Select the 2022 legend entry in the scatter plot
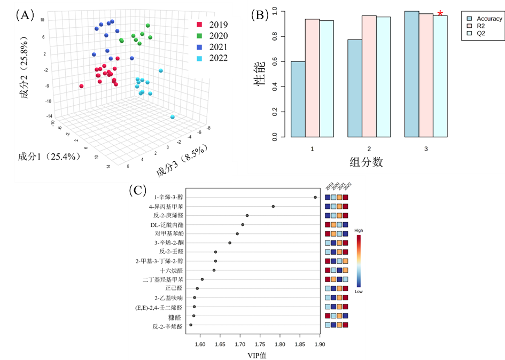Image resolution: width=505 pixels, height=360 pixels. click(x=213, y=58)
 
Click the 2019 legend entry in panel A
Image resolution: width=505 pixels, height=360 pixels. click(x=213, y=25)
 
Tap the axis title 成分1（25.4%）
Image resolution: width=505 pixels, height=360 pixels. click(x=49, y=156)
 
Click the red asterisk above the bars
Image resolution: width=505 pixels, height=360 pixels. click(x=440, y=13)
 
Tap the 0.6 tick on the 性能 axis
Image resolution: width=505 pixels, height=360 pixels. click(x=274, y=61)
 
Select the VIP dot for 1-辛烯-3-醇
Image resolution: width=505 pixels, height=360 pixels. click(x=315, y=197)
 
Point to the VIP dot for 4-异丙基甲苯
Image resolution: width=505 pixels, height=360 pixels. click(x=273, y=206)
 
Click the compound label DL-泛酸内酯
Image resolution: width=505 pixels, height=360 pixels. click(x=167, y=224)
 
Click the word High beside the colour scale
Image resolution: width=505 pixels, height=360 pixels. click(x=359, y=231)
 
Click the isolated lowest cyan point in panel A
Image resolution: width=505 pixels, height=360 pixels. click(x=173, y=117)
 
